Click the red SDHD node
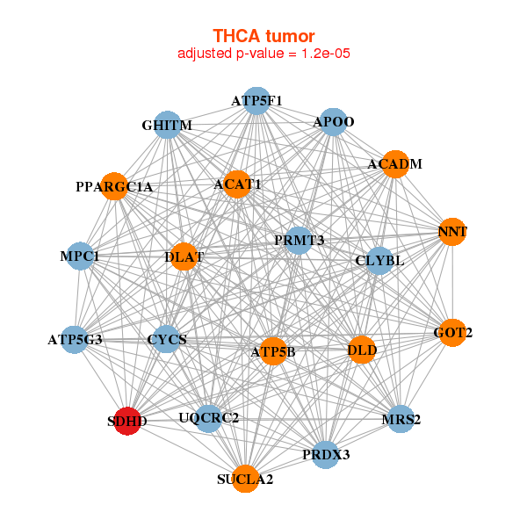click(x=127, y=421)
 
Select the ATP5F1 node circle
click(x=256, y=100)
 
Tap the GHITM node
click(x=166, y=125)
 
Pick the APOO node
click(x=332, y=121)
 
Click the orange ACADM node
click(x=395, y=164)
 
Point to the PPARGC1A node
click(x=114, y=186)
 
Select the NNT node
click(x=451, y=232)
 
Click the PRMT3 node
click(x=299, y=240)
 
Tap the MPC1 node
click(x=80, y=256)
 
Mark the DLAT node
click(x=184, y=257)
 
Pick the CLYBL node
click(x=379, y=260)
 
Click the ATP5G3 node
click(x=75, y=339)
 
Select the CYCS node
click(x=167, y=339)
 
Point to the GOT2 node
click(x=452, y=332)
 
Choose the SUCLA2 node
click(x=246, y=479)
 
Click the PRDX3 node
click(x=326, y=454)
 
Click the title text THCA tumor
click(x=263, y=36)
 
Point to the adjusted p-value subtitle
click(x=263, y=54)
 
